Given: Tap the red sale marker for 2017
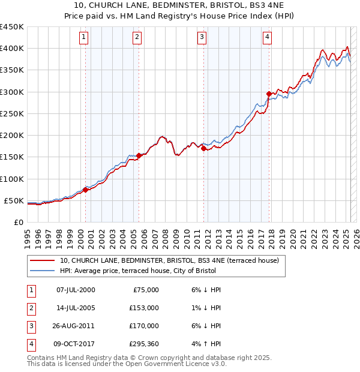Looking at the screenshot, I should tap(268, 94).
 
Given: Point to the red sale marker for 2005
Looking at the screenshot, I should tap(139, 155).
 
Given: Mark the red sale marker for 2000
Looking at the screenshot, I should tap(85, 190).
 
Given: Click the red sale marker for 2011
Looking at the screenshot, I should tap(203, 148).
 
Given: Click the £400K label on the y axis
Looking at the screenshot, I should tap(12, 49).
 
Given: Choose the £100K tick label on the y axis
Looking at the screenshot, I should tap(12, 179).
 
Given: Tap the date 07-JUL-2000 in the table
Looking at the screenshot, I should tap(75, 290).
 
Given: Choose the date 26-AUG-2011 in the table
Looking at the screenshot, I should tap(76, 326).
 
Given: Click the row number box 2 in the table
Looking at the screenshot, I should tap(29, 308).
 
